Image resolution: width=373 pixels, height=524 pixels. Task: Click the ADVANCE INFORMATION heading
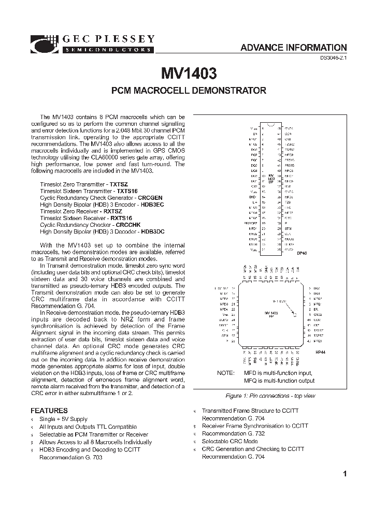[x=293, y=48]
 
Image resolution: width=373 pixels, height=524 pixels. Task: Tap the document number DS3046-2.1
[x=331, y=59]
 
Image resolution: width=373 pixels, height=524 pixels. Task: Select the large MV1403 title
[x=189, y=72]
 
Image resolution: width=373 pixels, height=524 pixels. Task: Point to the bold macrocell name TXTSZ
[x=119, y=184]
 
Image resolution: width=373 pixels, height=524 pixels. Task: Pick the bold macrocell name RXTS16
[x=121, y=218]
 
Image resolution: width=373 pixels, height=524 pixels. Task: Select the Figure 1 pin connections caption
[x=270, y=396]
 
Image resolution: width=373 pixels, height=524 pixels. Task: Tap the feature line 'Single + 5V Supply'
[x=64, y=419]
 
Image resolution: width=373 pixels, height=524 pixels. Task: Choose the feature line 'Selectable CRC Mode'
[x=229, y=442]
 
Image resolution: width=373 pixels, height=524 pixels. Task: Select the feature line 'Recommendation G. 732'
[x=233, y=434]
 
